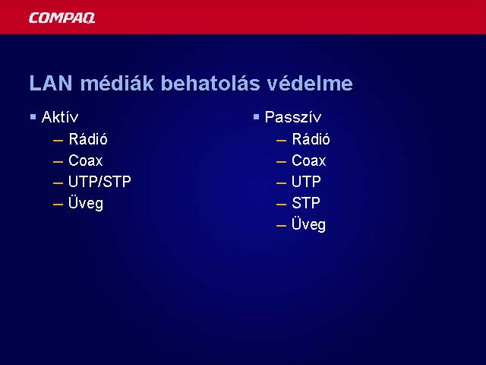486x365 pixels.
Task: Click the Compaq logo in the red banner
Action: coord(62,18)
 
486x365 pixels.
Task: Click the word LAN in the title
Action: coord(51,83)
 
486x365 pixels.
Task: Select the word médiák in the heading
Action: coord(117,83)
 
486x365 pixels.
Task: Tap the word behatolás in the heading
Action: coord(211,83)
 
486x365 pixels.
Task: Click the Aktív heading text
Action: coord(60,117)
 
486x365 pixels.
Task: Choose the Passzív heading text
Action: coord(293,117)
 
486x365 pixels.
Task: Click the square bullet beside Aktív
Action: coord(33,117)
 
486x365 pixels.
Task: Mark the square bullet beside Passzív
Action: coord(256,117)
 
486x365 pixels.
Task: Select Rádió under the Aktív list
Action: coord(88,138)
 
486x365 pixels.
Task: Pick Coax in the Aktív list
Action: coord(86,160)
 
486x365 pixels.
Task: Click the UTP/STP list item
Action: coord(99,182)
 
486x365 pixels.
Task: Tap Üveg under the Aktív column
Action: coord(86,203)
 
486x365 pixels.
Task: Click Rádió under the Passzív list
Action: coord(311,138)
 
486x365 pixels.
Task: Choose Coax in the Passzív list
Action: coord(309,160)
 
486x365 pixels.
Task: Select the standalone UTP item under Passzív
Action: coord(306,182)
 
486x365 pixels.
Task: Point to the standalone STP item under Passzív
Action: coord(306,203)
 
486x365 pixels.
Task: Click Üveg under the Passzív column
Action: coord(309,224)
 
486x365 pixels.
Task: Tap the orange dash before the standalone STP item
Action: coord(281,205)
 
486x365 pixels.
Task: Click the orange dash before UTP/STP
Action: coord(58,183)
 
